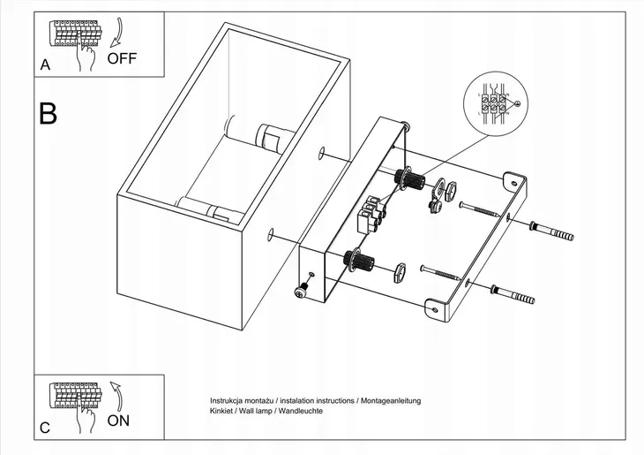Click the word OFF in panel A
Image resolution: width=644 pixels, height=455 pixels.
pyautogui.click(x=123, y=59)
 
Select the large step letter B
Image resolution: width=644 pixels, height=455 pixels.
pyautogui.click(x=49, y=114)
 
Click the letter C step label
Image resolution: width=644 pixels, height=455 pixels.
pyautogui.click(x=44, y=428)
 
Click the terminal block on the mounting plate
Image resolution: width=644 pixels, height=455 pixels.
pyautogui.click(x=371, y=212)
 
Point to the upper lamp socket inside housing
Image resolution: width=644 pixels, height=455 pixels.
pyautogui.click(x=266, y=138)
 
